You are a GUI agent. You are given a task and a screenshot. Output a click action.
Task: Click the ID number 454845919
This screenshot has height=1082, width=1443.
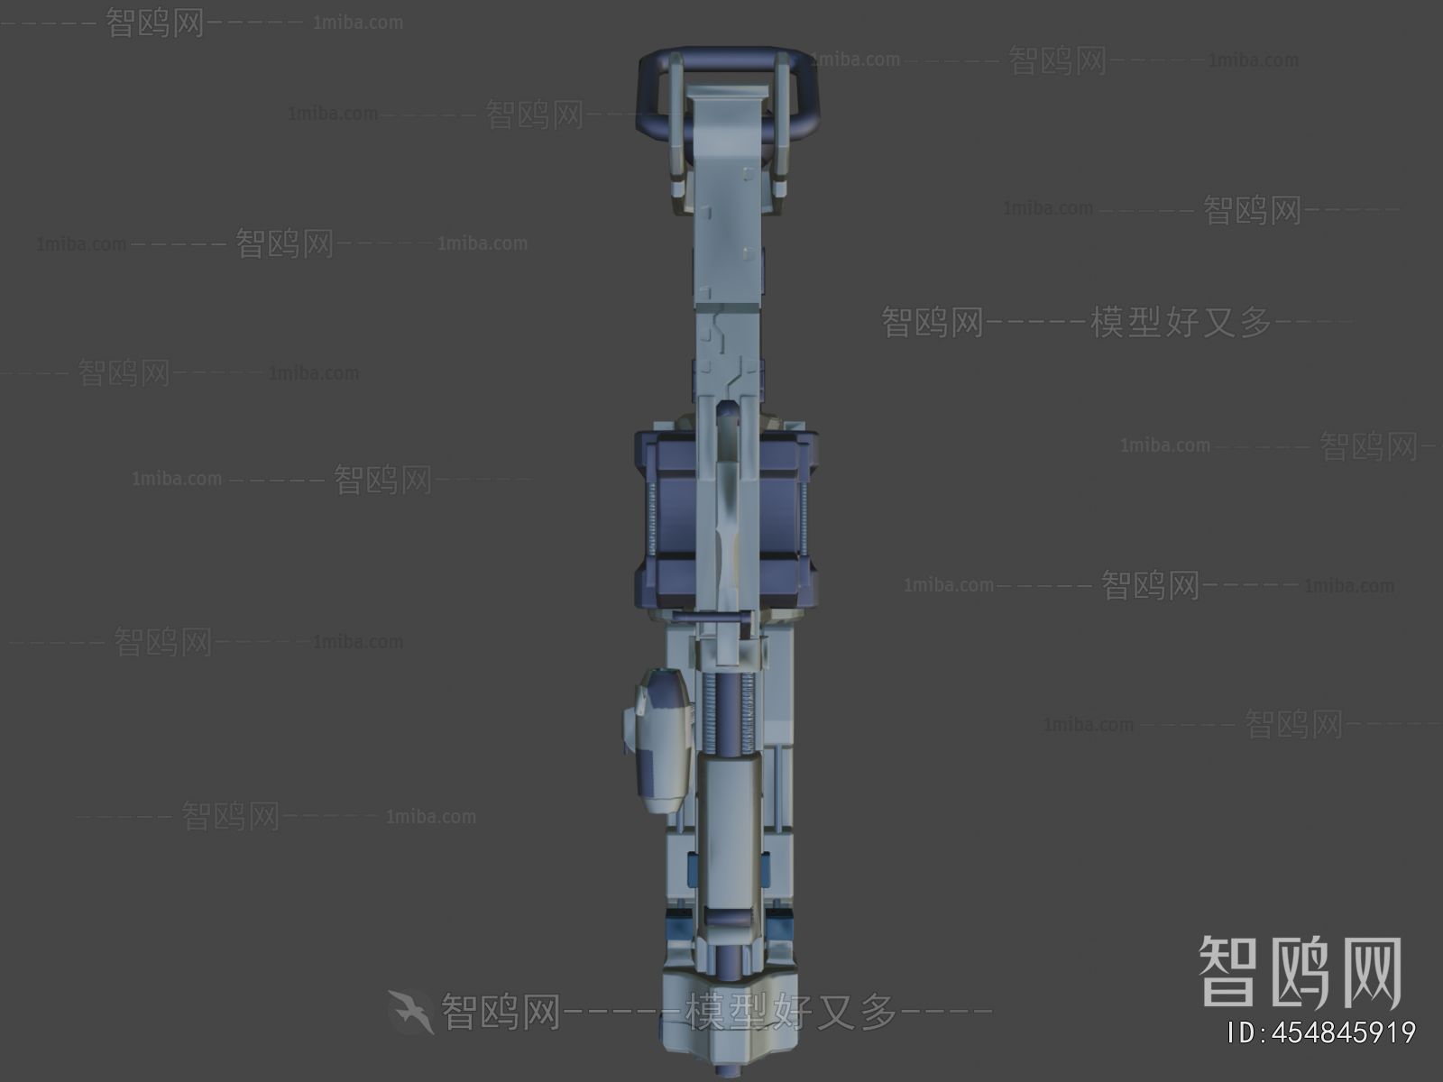click(1322, 1032)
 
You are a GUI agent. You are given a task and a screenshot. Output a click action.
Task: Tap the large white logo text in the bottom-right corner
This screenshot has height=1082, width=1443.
click(1300, 971)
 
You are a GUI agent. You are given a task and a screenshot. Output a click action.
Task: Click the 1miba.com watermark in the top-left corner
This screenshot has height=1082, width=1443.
click(358, 23)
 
